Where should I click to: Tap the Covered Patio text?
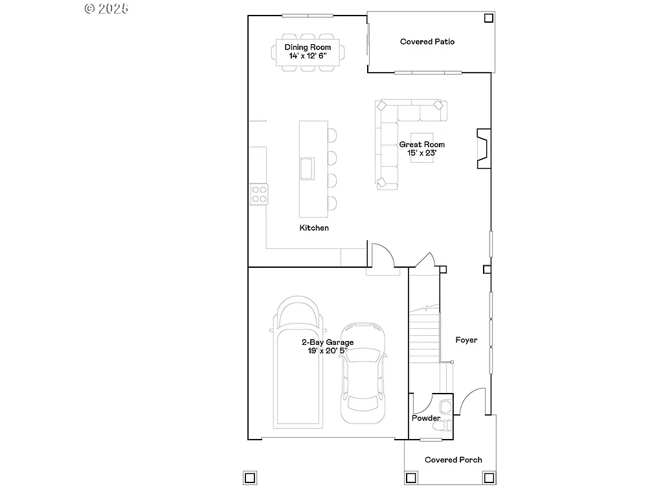click(x=427, y=41)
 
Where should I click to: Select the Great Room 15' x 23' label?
click(x=421, y=148)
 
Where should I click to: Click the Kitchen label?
click(x=314, y=228)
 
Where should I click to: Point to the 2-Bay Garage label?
click(x=327, y=346)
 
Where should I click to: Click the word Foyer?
click(x=466, y=340)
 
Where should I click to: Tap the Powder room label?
click(x=425, y=418)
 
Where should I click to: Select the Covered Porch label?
click(x=453, y=460)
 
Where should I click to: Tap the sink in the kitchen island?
click(x=306, y=168)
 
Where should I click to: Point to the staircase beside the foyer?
click(x=425, y=331)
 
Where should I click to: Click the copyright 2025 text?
click(x=107, y=8)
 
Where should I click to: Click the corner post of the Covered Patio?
click(x=488, y=18)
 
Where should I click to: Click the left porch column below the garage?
click(x=249, y=478)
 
